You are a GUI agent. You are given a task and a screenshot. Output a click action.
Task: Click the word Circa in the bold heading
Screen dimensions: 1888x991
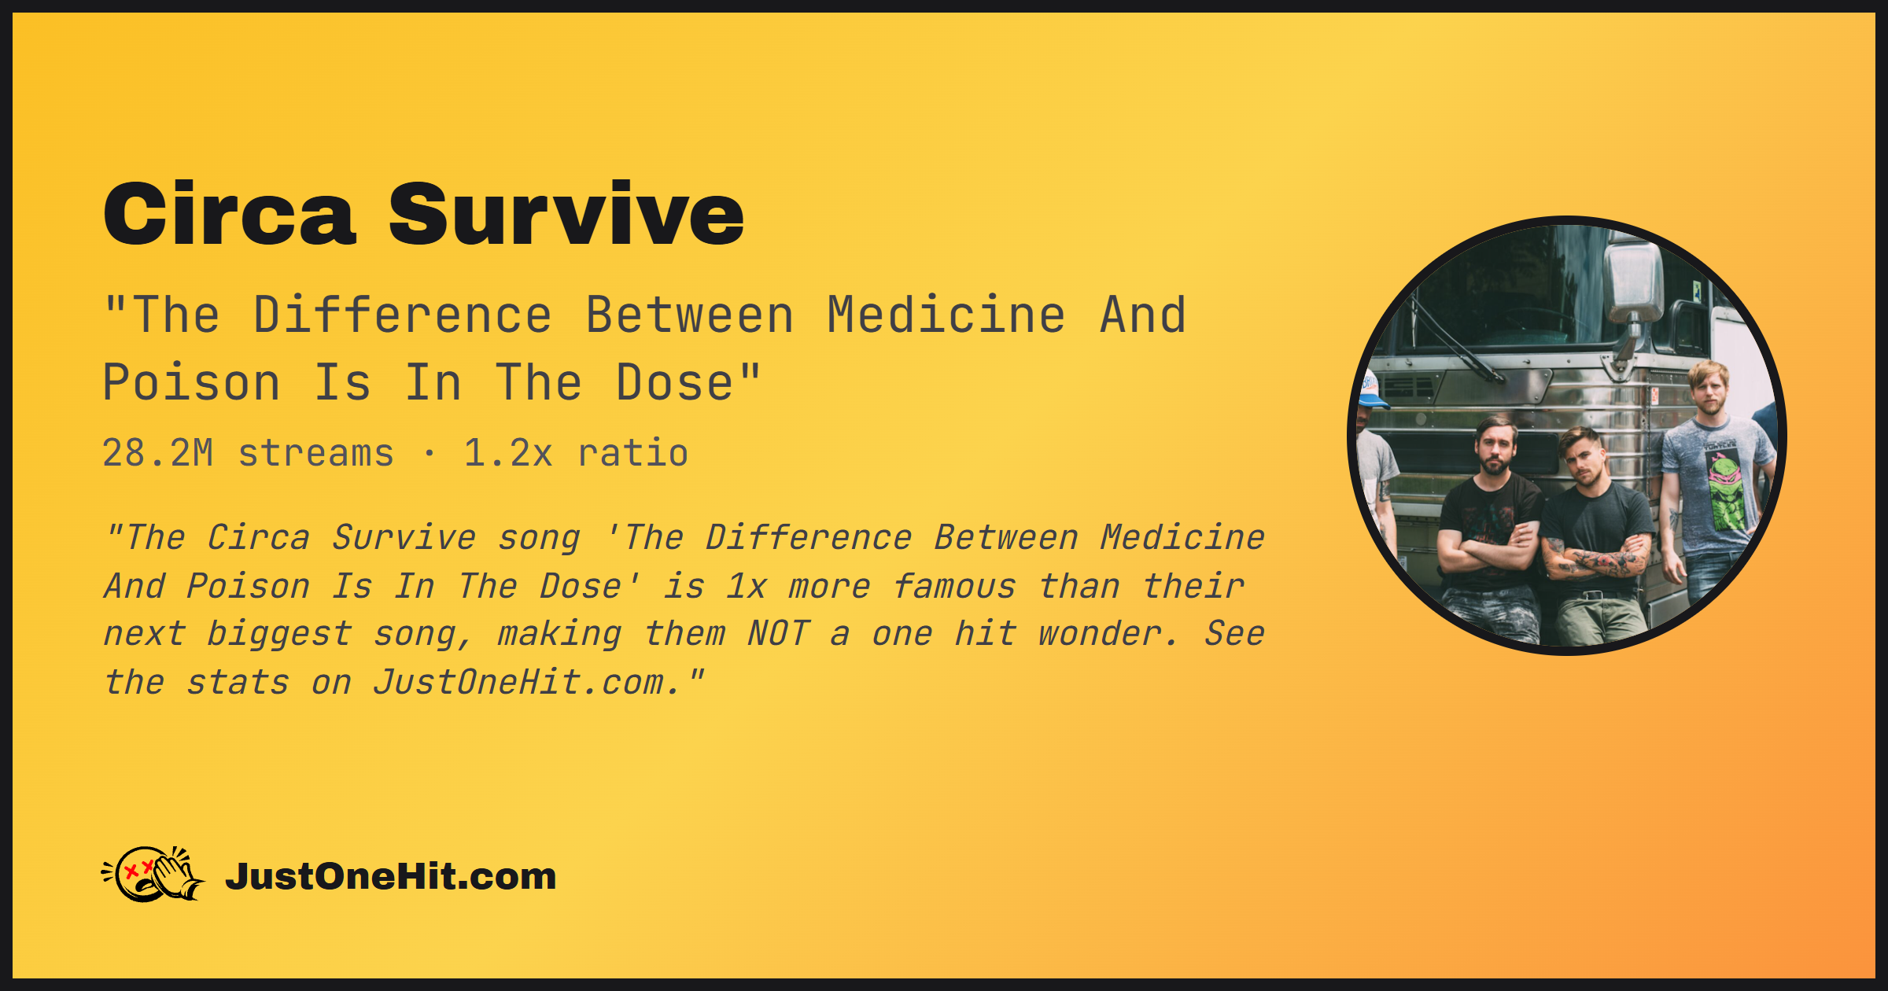coord(230,214)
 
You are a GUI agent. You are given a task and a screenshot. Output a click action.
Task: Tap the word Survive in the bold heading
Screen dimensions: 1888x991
coord(566,214)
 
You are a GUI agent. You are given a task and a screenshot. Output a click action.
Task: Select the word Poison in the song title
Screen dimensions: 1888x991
coord(191,383)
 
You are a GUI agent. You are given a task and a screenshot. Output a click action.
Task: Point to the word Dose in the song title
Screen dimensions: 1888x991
coord(675,383)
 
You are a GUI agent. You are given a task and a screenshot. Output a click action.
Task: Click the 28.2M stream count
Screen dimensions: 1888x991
coord(158,453)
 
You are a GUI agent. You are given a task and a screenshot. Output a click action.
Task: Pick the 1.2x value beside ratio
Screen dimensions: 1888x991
coord(508,453)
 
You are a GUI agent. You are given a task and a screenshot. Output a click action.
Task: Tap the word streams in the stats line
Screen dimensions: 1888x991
coord(316,454)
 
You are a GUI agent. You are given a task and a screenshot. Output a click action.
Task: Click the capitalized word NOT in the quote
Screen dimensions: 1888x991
coord(779,634)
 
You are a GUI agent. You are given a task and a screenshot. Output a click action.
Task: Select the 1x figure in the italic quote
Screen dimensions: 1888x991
coord(746,587)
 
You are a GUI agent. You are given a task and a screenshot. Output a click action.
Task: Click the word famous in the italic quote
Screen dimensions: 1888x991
coord(955,587)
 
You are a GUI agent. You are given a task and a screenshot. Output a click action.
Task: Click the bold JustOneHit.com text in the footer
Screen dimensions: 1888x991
coord(391,876)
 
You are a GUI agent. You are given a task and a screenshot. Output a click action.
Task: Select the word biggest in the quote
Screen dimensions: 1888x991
coord(279,634)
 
